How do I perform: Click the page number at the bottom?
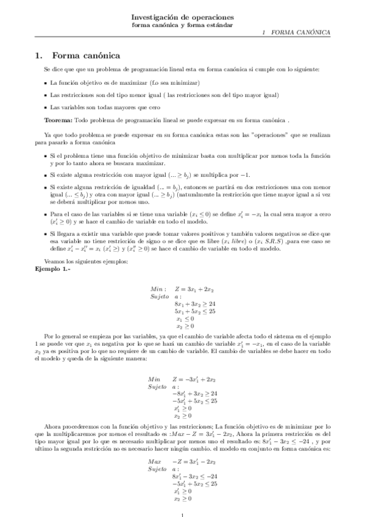point(183,514)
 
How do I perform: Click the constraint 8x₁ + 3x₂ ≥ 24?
point(194,303)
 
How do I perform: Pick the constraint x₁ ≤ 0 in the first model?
point(183,318)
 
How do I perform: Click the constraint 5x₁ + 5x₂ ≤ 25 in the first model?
point(196,311)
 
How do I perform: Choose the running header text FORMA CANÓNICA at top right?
point(300,32)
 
